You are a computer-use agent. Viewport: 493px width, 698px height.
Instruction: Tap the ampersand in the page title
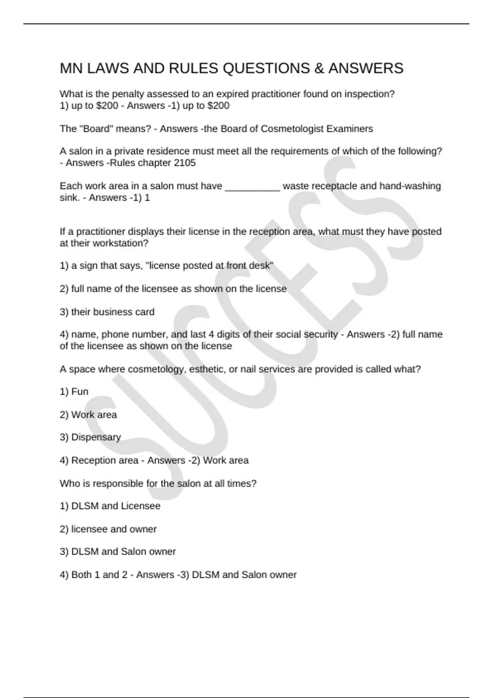[x=319, y=68]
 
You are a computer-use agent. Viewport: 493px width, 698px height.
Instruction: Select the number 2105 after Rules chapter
[x=184, y=163]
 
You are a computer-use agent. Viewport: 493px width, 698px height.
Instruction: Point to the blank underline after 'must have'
[x=253, y=186]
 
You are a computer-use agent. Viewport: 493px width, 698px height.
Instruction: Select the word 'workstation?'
[x=120, y=243]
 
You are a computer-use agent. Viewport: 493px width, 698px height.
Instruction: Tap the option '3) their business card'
[x=107, y=312]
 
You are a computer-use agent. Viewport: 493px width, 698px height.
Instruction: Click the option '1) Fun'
[x=74, y=392]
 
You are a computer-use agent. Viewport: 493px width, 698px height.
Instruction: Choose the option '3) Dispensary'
[x=90, y=437]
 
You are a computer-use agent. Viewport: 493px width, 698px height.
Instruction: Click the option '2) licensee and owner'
[x=108, y=529]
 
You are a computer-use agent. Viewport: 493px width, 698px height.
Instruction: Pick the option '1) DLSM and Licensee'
[x=110, y=506]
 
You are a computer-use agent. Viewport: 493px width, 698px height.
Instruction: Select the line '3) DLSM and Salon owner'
[x=117, y=551]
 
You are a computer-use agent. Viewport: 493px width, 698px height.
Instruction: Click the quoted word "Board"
[x=98, y=129]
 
